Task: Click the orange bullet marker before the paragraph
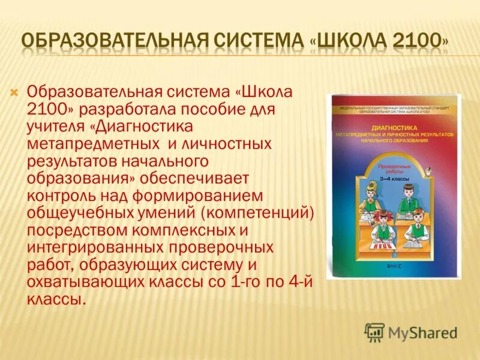pyautogui.click(x=15, y=92)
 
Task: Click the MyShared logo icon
pyautogui.click(x=374, y=332)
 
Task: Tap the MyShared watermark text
pyautogui.click(x=422, y=332)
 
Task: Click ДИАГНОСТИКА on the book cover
pyautogui.click(x=394, y=128)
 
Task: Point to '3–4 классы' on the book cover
pyautogui.click(x=394, y=178)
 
